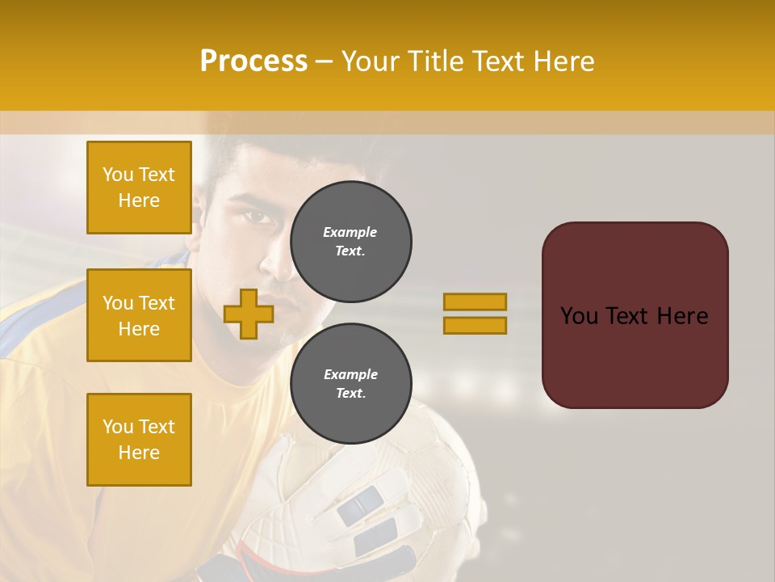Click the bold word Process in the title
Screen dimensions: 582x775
[253, 61]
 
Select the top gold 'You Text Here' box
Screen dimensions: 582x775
[139, 188]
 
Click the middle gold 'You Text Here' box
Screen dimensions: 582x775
[139, 315]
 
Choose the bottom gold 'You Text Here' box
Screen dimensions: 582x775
[139, 440]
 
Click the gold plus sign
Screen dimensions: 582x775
[249, 314]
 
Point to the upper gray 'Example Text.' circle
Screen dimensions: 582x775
[350, 242]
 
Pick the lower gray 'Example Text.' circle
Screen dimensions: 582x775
[350, 384]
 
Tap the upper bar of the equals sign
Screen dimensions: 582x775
[475, 302]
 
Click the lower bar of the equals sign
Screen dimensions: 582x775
[475, 326]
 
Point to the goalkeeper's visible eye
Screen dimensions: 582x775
[257, 217]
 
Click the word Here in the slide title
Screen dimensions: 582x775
[563, 61]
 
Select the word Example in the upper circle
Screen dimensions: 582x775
[350, 232]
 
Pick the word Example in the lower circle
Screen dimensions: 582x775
[350, 374]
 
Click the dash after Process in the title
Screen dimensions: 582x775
[325, 61]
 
